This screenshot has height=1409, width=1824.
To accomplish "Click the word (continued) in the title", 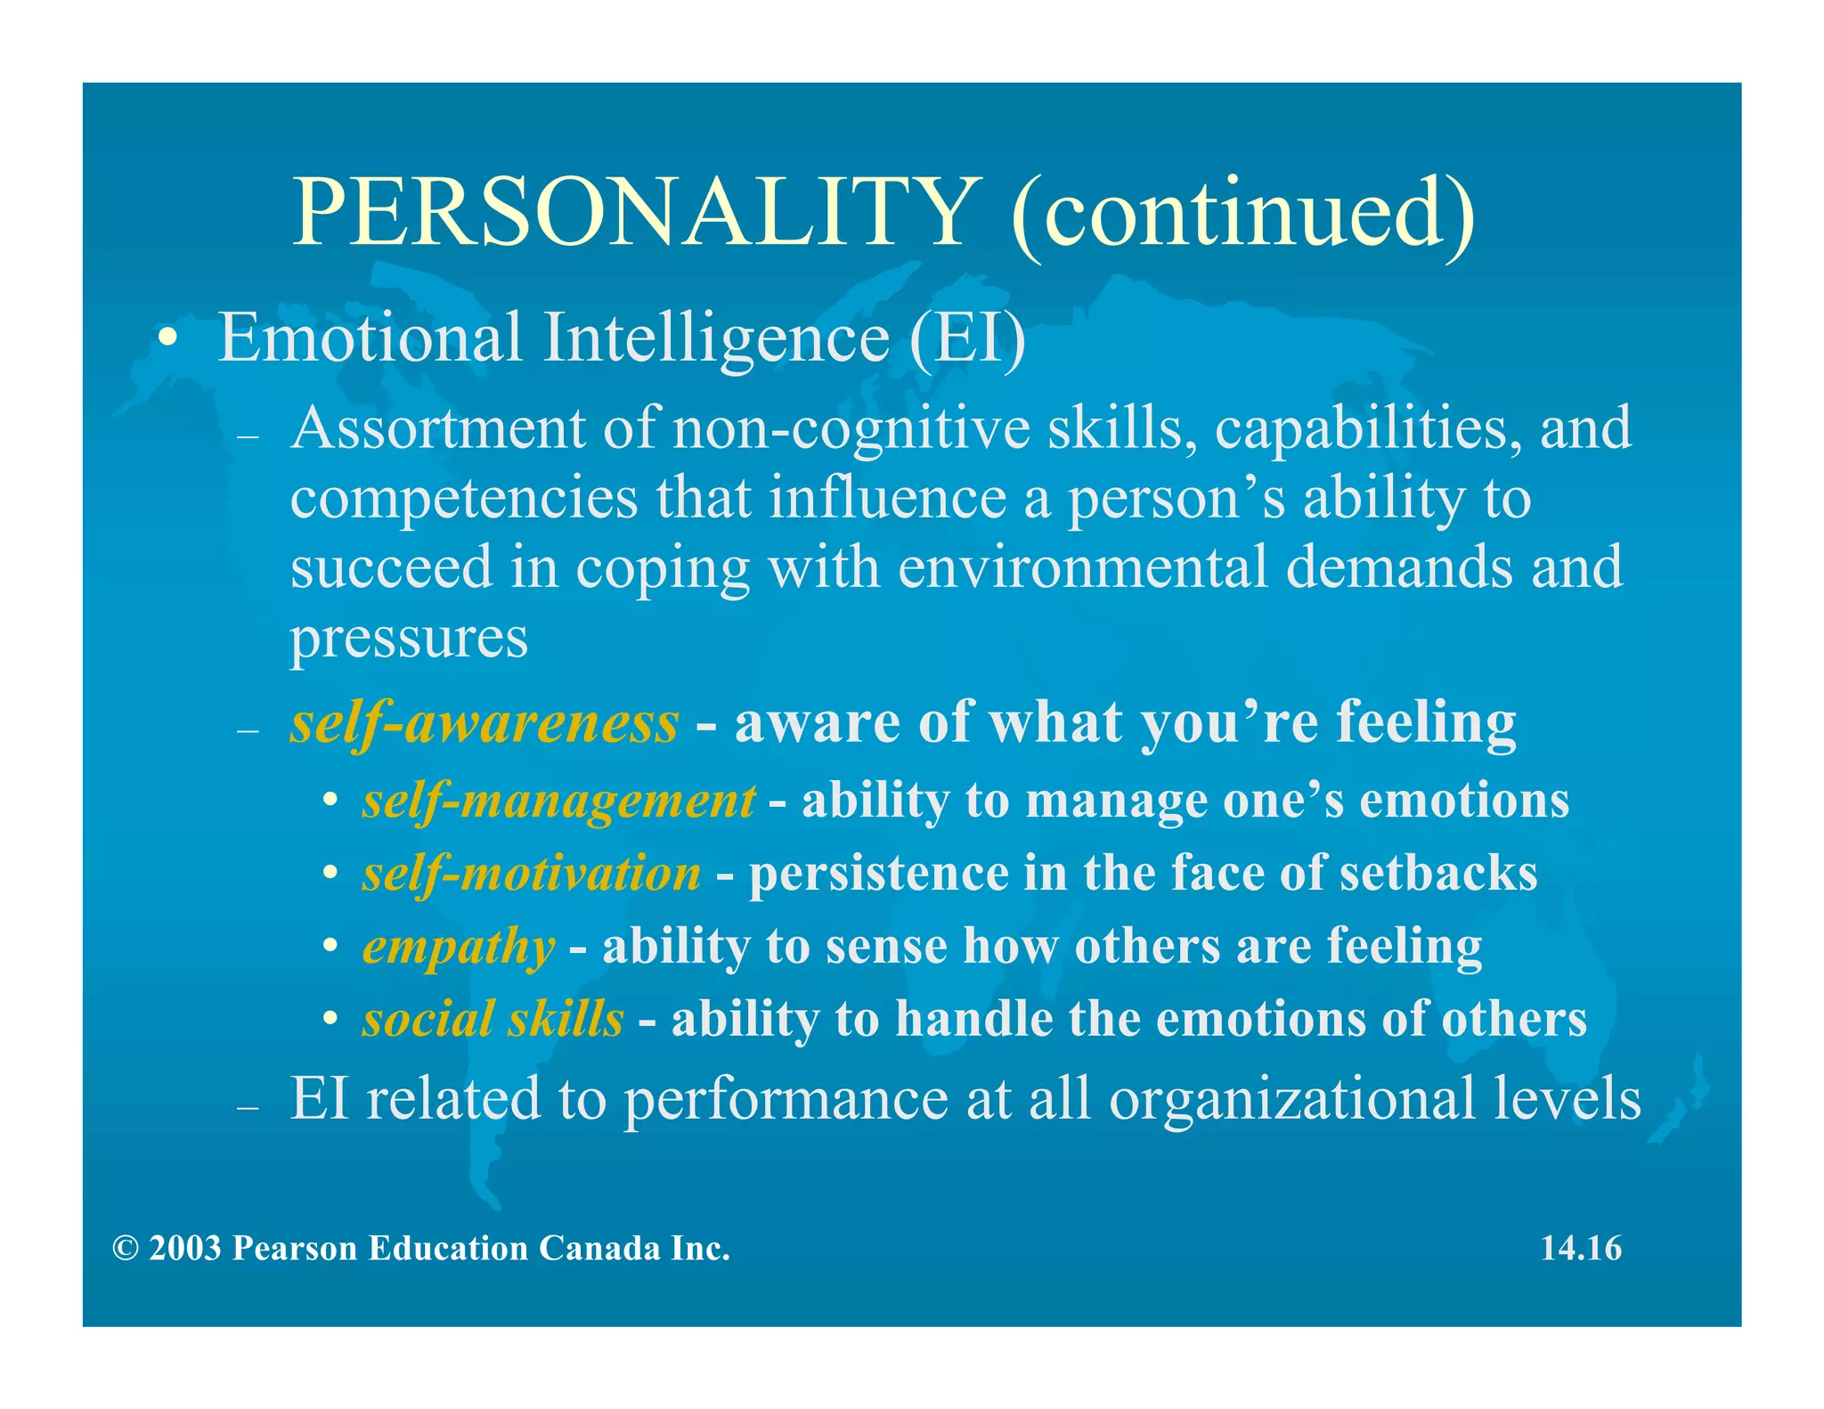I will [x=1242, y=214].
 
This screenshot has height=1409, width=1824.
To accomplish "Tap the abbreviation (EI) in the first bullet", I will [x=968, y=338].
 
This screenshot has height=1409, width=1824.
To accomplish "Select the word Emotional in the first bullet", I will [x=370, y=338].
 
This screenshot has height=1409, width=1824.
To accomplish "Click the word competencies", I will [x=464, y=499].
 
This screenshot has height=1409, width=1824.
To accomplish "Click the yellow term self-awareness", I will [x=484, y=722].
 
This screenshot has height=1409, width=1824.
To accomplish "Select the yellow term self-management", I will [x=559, y=801].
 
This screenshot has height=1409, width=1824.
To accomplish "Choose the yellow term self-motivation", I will [x=532, y=874].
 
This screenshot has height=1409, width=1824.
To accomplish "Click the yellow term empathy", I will [x=459, y=947].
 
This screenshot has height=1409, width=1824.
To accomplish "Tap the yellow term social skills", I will [x=493, y=1019].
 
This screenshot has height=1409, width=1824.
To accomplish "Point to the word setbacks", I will [x=1437, y=874].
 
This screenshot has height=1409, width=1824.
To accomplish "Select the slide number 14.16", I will [x=1581, y=1249].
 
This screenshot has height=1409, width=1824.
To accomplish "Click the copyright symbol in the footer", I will [x=126, y=1249].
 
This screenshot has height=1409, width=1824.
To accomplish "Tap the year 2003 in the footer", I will [x=185, y=1249].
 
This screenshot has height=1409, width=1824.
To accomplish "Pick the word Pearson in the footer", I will [x=295, y=1249].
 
